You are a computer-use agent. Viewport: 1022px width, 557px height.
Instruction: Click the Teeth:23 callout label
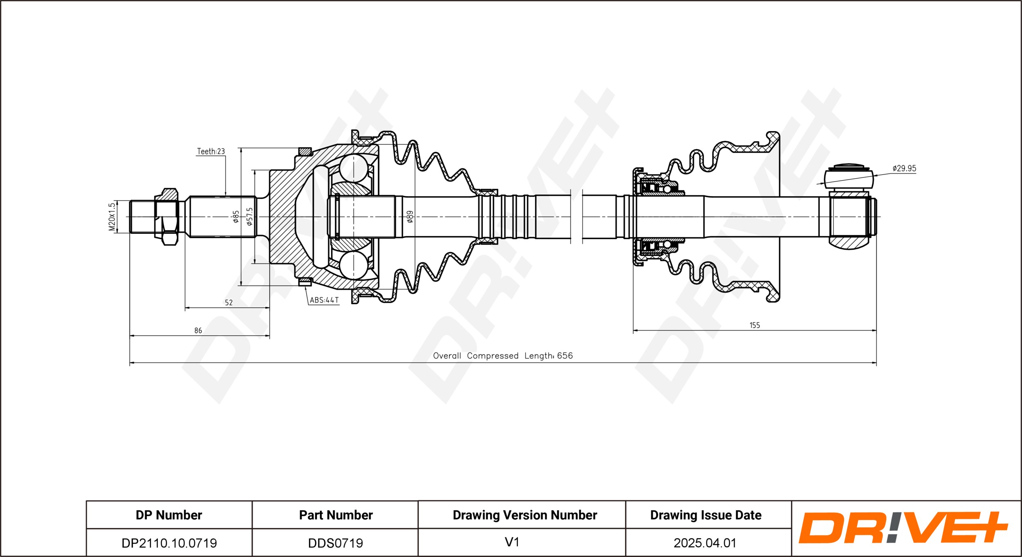(211, 151)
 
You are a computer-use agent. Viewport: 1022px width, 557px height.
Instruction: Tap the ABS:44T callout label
(324, 300)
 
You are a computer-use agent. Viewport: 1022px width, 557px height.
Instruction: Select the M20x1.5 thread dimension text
(112, 217)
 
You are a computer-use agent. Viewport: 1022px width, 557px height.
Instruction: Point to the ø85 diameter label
(235, 217)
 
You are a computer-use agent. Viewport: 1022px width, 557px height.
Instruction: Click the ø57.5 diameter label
(249, 217)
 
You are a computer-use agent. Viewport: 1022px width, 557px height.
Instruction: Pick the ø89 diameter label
(410, 217)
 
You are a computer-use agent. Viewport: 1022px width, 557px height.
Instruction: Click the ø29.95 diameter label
(904, 168)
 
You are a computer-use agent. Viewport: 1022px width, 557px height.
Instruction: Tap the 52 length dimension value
(229, 302)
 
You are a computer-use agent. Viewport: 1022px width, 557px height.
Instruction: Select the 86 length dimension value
(198, 330)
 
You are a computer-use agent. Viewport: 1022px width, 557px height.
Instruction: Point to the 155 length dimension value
(755, 325)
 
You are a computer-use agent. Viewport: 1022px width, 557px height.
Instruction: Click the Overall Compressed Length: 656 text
(503, 356)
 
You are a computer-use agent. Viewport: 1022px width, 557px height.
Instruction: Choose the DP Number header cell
(169, 515)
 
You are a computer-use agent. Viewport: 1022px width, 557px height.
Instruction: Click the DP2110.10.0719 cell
(169, 543)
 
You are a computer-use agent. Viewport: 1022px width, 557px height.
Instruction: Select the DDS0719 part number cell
(336, 543)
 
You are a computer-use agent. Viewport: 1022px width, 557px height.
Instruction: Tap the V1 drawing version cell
(512, 542)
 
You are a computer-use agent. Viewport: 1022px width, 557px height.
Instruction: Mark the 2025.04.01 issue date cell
(705, 543)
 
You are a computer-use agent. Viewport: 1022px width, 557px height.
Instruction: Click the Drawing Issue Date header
(706, 515)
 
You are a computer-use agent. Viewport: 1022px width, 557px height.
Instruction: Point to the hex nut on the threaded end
(166, 217)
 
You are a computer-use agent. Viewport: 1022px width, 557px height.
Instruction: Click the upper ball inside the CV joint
(354, 168)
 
